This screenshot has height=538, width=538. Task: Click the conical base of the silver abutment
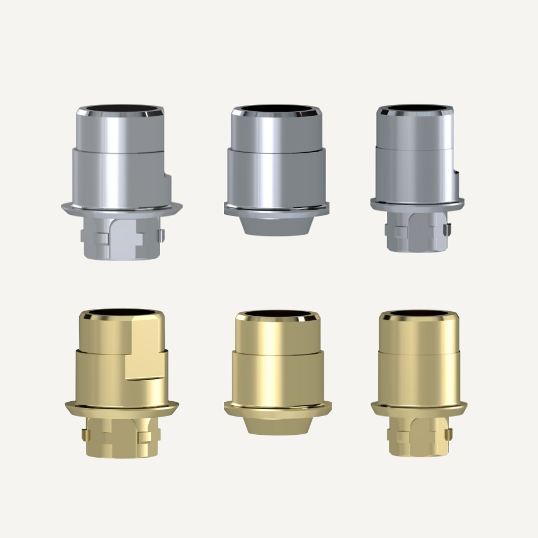point(276,225)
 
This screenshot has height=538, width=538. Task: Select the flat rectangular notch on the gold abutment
point(144,356)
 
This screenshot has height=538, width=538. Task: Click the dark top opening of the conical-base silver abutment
point(276,108)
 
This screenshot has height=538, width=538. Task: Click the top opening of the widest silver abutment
point(120,108)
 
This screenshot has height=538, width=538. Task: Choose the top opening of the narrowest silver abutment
point(414,107)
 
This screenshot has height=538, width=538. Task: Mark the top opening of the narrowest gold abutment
point(418,313)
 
